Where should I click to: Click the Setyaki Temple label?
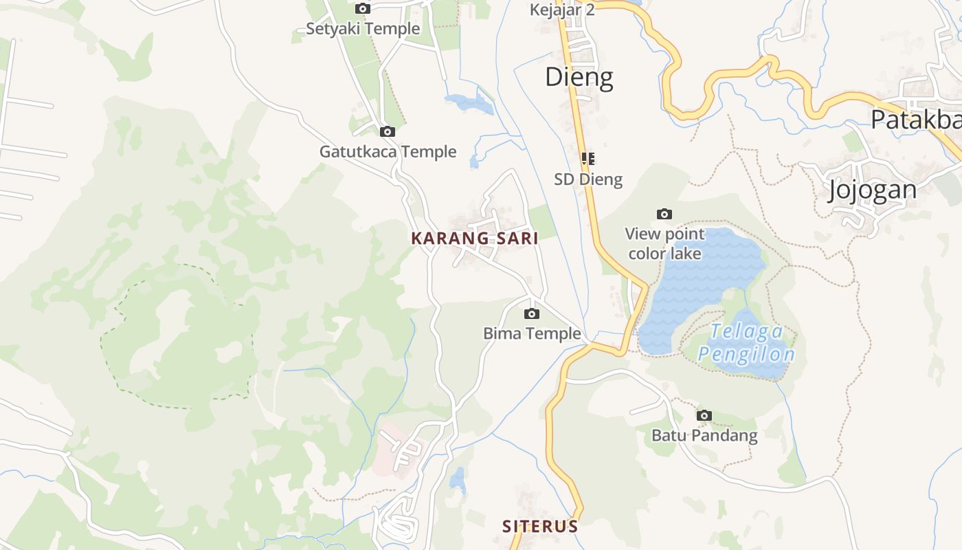[x=362, y=29]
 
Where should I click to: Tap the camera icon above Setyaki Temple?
[x=362, y=9]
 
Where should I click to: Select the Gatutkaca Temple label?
[x=388, y=151]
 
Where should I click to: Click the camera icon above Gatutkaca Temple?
[x=388, y=131]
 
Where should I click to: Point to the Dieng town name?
[x=579, y=77]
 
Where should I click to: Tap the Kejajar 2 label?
[x=561, y=10]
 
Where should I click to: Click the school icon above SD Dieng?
[x=588, y=159]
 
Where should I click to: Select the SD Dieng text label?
[x=588, y=179]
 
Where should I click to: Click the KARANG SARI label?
[x=474, y=239]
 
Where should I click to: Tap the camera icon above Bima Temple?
[x=531, y=314]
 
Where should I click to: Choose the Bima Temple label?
[x=532, y=334]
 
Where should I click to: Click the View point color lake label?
[x=664, y=243]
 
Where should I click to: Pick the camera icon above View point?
[x=664, y=214]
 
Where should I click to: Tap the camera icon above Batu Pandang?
[x=704, y=415]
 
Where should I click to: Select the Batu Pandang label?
[x=704, y=435]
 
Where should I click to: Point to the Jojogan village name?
[x=872, y=189]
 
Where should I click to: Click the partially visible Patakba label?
[x=915, y=120]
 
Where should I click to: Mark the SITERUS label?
[x=539, y=527]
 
